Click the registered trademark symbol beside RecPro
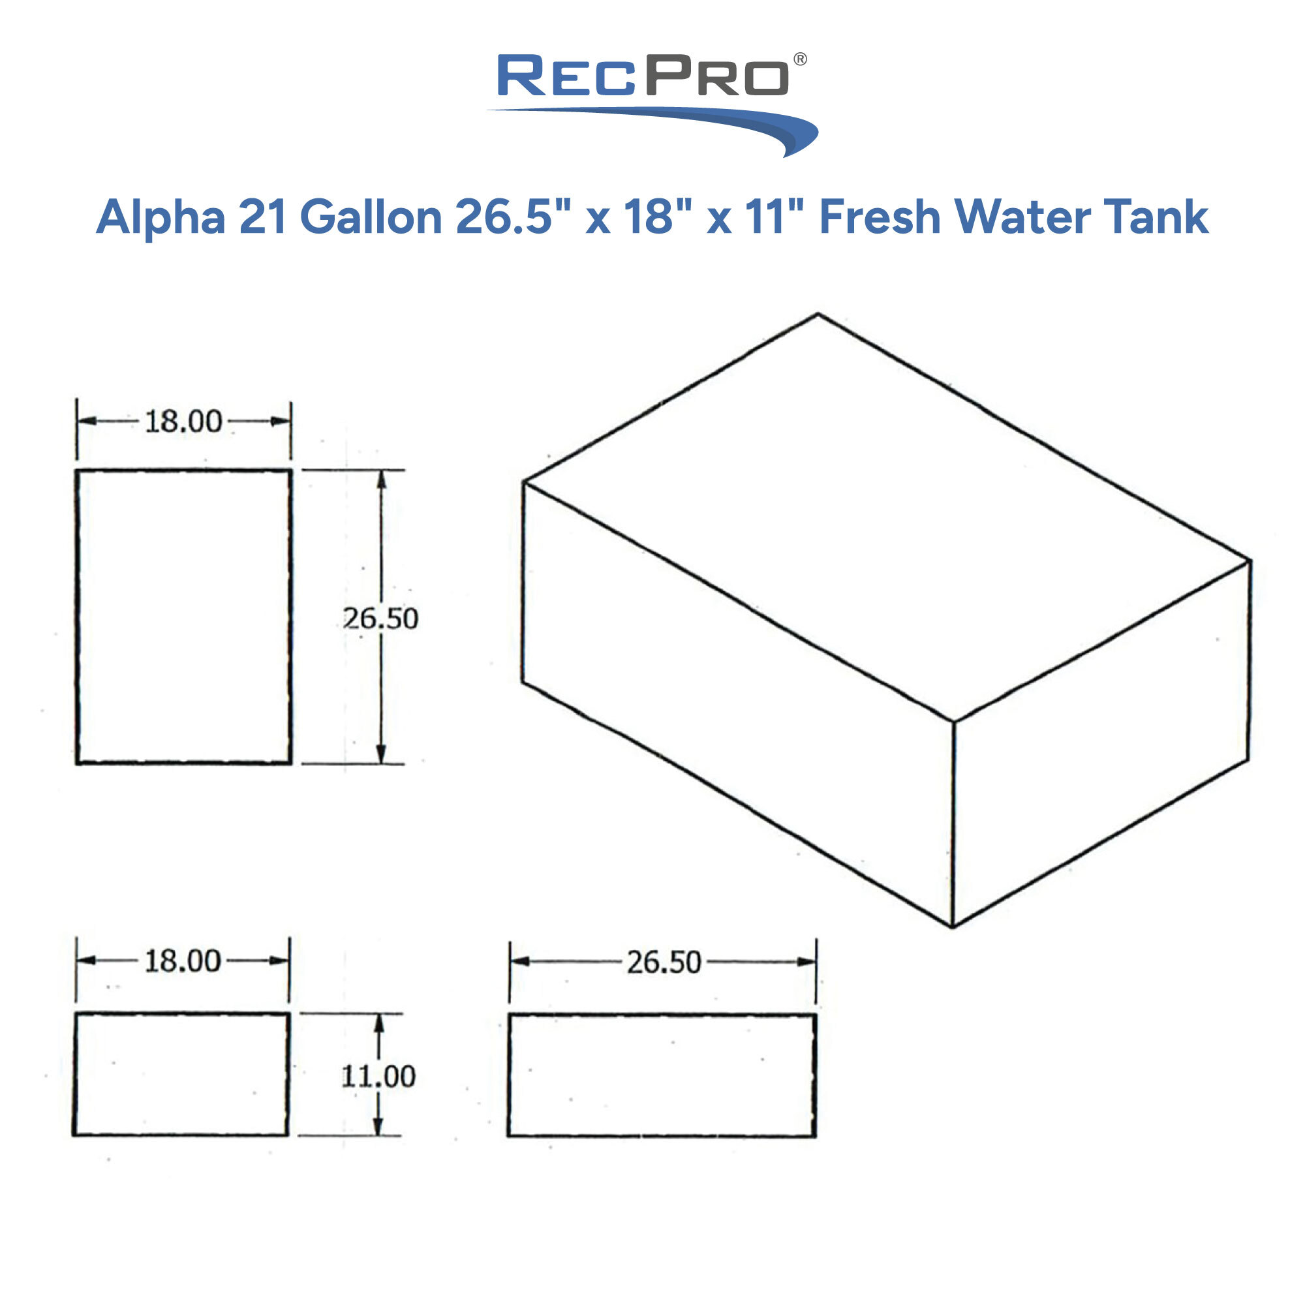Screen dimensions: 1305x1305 [x=800, y=59]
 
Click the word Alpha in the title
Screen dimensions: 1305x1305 [x=161, y=218]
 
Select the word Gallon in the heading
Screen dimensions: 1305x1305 [x=370, y=218]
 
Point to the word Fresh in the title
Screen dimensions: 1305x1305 [x=880, y=218]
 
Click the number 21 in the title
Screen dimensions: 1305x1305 [x=263, y=218]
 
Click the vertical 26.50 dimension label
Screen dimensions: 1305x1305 [x=380, y=618]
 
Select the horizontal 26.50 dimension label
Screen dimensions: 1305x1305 [x=664, y=962]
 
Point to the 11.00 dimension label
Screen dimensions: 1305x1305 [x=378, y=1076]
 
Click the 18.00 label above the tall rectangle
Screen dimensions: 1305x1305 [x=183, y=422]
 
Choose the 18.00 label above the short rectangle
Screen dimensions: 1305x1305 [x=183, y=960]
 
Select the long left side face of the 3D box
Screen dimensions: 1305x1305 [x=736, y=703]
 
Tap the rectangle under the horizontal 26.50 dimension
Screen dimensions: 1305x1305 [x=662, y=1075]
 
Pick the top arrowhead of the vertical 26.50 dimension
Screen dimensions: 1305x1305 [x=382, y=478]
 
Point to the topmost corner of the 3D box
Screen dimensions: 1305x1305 [x=818, y=314]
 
